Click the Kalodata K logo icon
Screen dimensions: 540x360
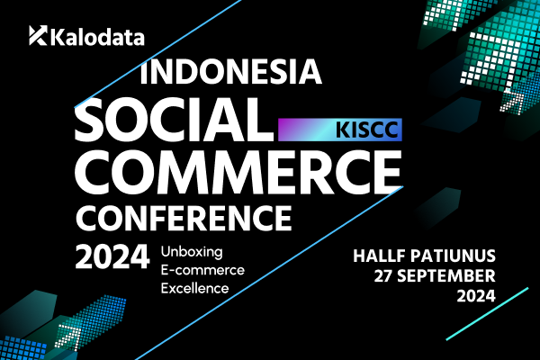[38, 35]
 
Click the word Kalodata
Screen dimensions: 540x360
[97, 37]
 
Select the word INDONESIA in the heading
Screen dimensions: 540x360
[230, 71]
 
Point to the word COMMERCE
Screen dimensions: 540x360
[238, 172]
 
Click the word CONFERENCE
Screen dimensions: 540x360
[184, 218]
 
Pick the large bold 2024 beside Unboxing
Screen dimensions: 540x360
[112, 256]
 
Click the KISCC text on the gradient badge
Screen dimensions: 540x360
[367, 130]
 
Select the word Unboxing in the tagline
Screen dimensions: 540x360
[192, 252]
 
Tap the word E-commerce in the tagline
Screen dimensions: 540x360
[202, 270]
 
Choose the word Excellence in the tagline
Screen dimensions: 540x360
[194, 288]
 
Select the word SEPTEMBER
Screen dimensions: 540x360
[446, 276]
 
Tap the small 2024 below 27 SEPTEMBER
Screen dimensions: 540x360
[476, 296]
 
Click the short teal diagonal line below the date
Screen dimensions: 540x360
[487, 314]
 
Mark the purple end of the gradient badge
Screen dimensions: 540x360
[283, 130]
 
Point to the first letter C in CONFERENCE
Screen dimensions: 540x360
[87, 218]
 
